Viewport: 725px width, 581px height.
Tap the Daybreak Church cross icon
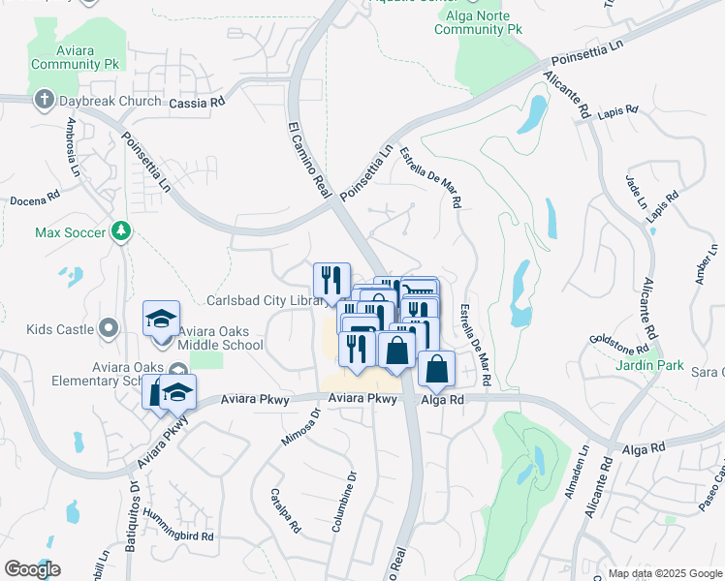pos(44,100)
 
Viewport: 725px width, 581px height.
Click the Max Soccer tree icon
pos(121,231)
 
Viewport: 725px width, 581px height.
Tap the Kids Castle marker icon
pos(109,329)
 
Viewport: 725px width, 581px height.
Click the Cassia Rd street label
pos(197,103)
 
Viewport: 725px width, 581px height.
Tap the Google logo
pos(32,569)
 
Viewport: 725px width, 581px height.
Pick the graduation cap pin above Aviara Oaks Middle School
pos(162,319)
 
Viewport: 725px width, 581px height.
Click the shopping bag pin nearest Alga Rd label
pos(437,370)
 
